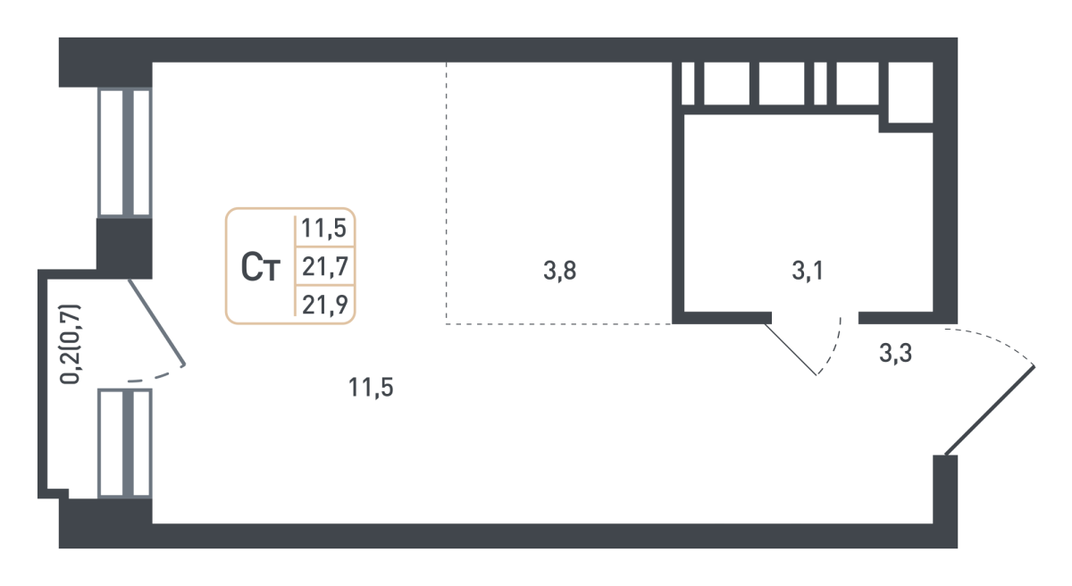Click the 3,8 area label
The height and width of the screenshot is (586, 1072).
[x=559, y=271]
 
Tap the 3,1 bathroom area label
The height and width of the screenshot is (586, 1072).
[x=808, y=271]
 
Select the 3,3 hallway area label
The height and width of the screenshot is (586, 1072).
[x=895, y=354]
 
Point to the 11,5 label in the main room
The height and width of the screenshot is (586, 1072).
[x=371, y=388]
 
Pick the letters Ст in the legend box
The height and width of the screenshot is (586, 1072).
[x=260, y=267]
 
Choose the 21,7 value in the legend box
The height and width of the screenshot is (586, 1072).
[x=325, y=266]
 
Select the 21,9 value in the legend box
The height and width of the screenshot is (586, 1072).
[x=325, y=305]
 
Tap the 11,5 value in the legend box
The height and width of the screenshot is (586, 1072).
[x=324, y=228]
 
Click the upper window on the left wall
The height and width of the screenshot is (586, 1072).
[x=125, y=153]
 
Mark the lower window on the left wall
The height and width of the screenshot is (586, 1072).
[x=125, y=443]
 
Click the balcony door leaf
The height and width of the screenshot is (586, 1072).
[x=156, y=322]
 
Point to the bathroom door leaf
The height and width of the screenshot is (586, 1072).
[x=791, y=349]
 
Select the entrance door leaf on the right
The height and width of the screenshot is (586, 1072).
[x=990, y=410]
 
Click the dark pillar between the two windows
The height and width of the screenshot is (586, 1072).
[x=124, y=248]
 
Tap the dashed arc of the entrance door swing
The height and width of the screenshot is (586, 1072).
[x=990, y=346]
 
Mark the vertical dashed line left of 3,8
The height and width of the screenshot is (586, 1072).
[x=447, y=193]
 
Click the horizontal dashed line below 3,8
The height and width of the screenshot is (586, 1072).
[x=559, y=324]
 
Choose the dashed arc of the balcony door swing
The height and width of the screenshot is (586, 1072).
[x=156, y=373]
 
